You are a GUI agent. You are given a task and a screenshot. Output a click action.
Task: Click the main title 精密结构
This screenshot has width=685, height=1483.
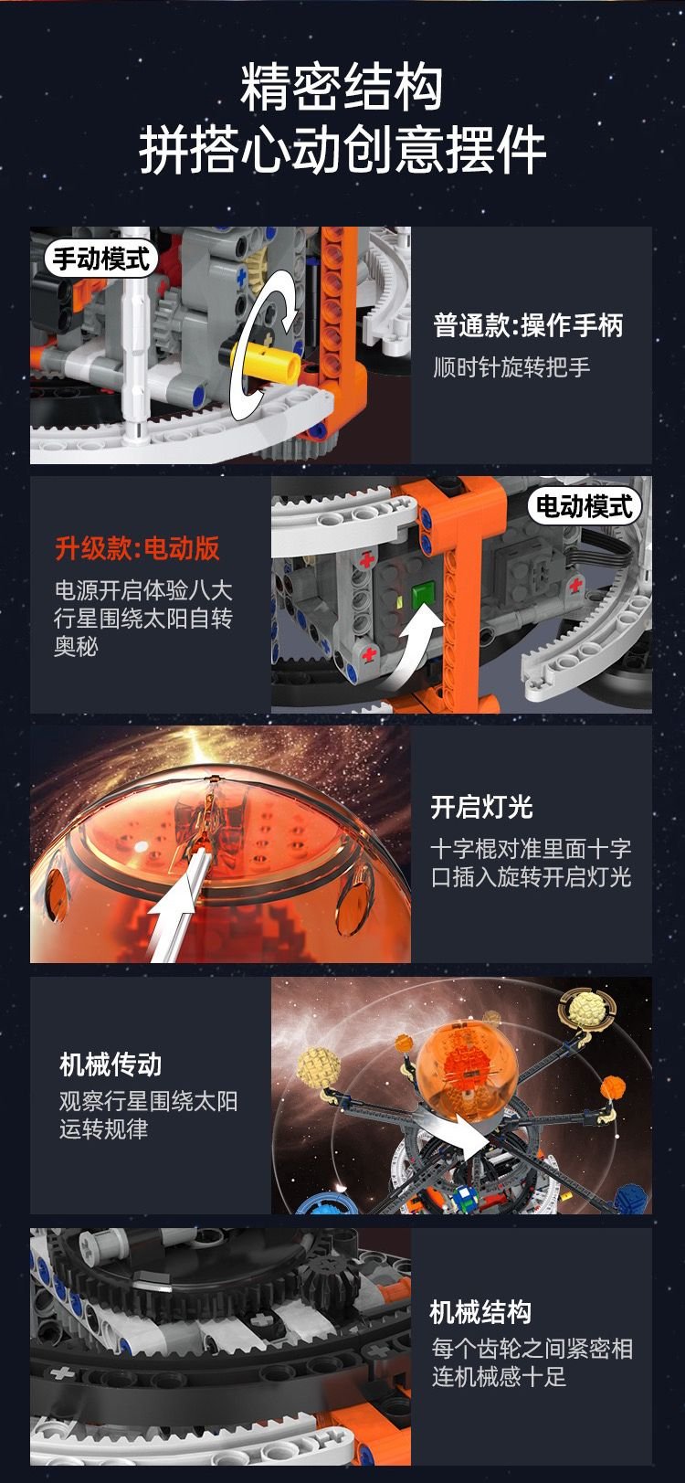tap(342, 88)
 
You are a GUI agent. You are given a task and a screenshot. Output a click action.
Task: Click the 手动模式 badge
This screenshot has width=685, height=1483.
tap(101, 259)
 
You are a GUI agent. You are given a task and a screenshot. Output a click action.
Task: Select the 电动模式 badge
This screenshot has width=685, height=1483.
tap(585, 507)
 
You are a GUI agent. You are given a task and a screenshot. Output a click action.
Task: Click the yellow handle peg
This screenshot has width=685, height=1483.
tap(265, 358)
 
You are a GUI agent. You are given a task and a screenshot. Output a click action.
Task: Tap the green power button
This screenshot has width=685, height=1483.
tap(423, 595)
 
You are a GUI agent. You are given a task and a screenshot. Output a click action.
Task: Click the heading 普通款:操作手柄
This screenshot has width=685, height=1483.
tap(528, 325)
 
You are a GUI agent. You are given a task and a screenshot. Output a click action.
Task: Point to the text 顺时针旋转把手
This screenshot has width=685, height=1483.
tap(511, 366)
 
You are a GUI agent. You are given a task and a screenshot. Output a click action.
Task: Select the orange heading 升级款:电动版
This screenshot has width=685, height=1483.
tap(137, 548)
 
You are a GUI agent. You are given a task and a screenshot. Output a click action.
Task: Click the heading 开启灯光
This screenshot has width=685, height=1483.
tap(482, 807)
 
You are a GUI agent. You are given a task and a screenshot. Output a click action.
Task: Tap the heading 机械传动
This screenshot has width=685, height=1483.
tap(111, 1064)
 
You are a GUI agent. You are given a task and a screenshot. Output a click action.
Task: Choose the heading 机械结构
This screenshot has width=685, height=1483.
tap(480, 1311)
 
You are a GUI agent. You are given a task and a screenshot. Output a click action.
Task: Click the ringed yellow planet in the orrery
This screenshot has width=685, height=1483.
tap(585, 1009)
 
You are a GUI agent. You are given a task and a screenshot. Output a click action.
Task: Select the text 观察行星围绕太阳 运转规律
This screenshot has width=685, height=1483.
tap(148, 1115)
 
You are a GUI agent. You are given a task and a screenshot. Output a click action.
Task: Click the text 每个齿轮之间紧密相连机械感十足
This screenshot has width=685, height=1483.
tap(532, 1362)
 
